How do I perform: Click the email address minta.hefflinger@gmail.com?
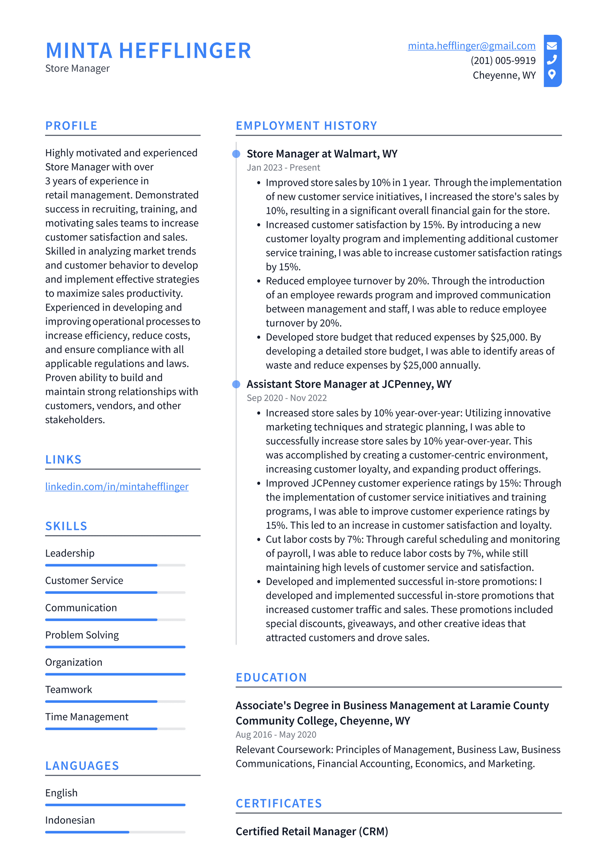pos(471,46)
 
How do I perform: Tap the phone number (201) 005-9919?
pos(503,60)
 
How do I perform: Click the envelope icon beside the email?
pos(552,46)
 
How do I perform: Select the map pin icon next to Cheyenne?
pos(552,74)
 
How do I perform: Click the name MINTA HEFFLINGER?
pos(148,51)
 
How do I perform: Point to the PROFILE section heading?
pos(71,126)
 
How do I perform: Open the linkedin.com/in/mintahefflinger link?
pos(117,486)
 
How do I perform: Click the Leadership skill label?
pos(70,553)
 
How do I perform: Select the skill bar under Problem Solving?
pos(115,647)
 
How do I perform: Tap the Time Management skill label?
pos(87,716)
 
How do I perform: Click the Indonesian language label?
pos(70,820)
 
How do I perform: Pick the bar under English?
pos(115,805)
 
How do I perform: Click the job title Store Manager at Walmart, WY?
pos(322,154)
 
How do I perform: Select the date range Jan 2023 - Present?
pos(283,168)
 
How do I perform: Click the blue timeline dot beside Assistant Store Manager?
pos(236,384)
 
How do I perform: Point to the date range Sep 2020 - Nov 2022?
pos(287,398)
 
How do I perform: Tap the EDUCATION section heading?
pos(271,677)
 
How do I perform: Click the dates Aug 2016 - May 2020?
pos(276,734)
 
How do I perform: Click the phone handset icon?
pos(552,60)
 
